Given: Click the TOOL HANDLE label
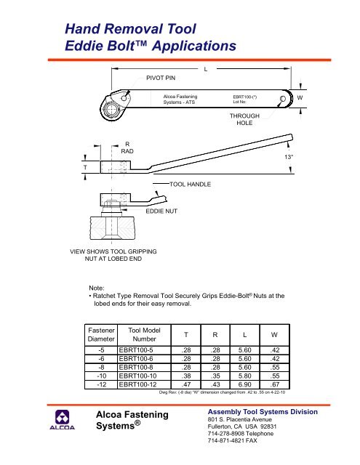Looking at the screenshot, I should [190, 185].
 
